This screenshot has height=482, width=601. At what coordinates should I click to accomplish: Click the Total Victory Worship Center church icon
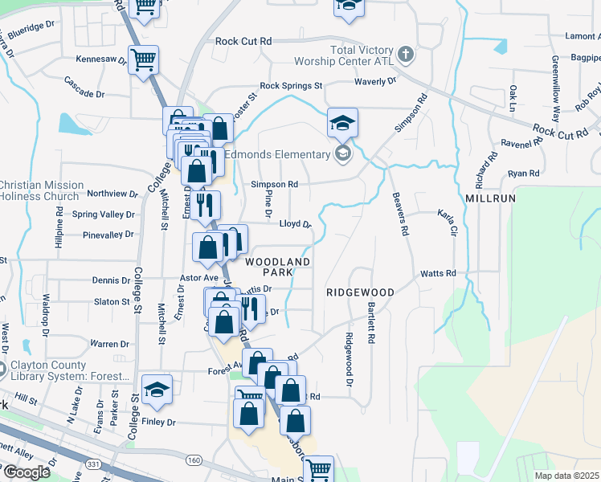coord(407,55)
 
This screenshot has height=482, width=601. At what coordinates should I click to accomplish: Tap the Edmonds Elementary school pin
coord(343,154)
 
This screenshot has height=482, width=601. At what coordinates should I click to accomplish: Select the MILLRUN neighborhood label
coord(490,197)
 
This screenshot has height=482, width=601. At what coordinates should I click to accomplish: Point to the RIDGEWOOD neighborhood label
coord(360,292)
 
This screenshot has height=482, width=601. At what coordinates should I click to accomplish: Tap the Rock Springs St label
coord(290,85)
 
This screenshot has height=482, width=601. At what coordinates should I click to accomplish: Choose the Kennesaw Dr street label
coord(102,59)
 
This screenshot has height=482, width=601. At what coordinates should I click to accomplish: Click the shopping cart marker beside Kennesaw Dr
coord(143,59)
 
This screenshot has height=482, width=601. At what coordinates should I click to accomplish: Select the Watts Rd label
coord(439,273)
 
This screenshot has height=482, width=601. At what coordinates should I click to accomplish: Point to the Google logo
coord(27,472)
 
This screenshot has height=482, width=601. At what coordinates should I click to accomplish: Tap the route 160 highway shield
coord(193,460)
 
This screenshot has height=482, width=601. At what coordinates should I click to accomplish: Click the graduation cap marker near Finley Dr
coord(157,389)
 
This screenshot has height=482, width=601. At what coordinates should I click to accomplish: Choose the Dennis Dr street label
coord(111,280)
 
